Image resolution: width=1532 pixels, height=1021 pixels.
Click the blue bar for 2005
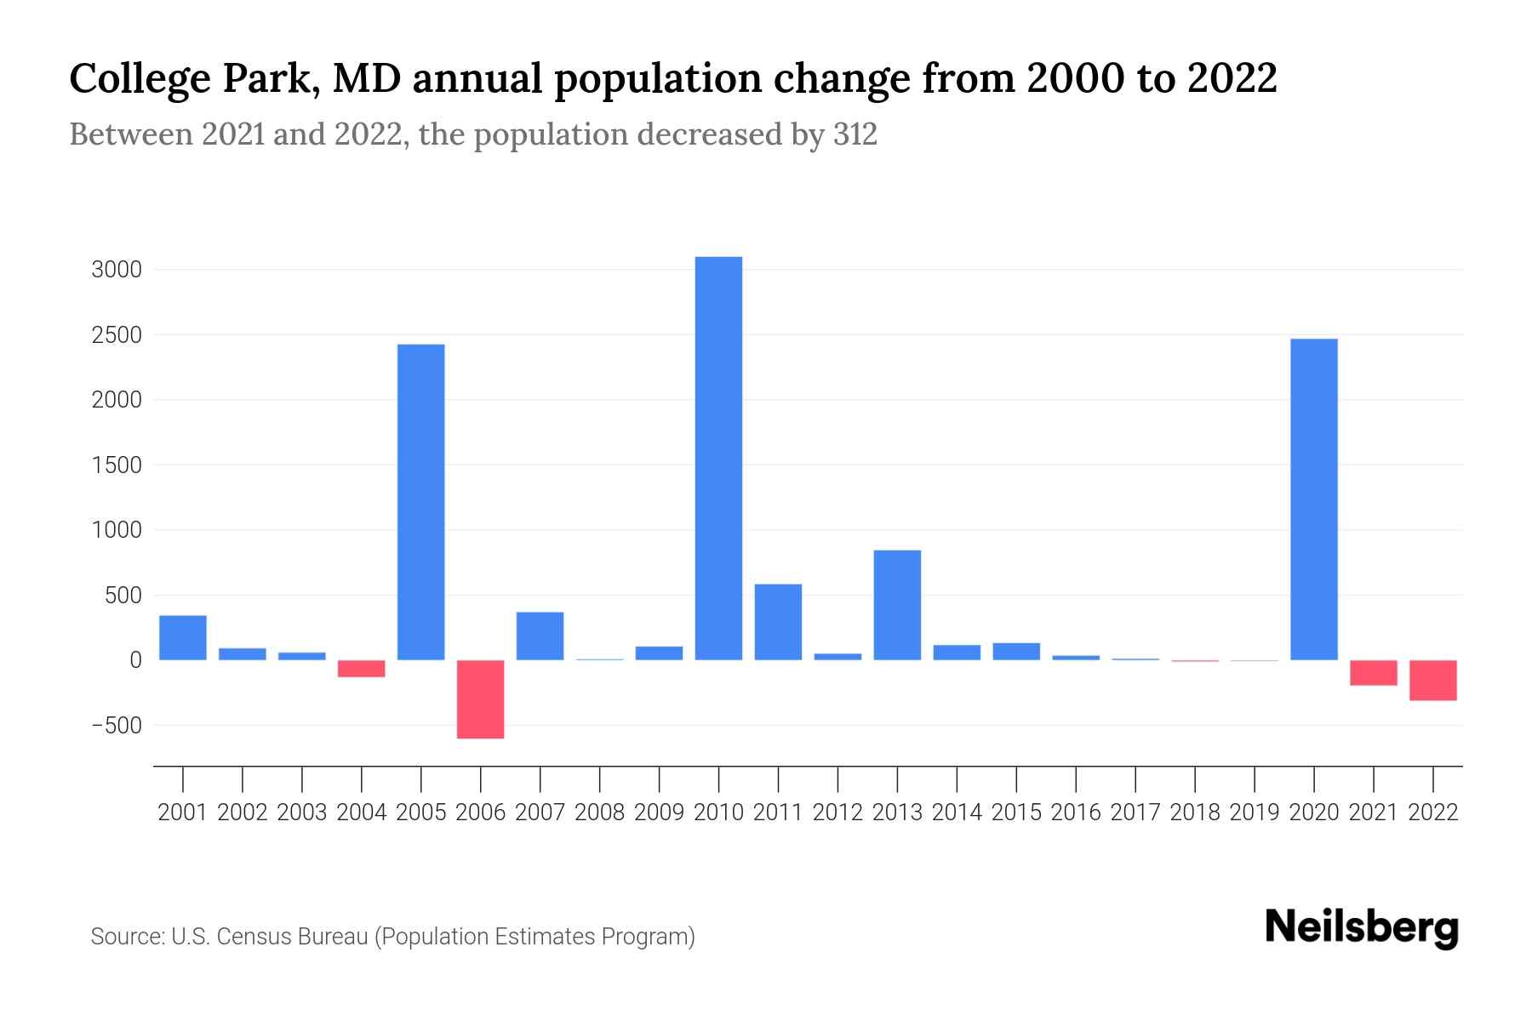pos(421,502)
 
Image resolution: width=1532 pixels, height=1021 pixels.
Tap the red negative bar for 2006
pos(481,699)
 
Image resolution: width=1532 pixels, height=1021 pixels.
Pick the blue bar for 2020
pos(1314,499)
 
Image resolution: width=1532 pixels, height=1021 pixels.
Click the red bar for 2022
pos(1433,680)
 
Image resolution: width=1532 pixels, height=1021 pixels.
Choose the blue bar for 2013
pos(897,605)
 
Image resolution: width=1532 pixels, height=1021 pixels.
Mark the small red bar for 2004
pos(362,668)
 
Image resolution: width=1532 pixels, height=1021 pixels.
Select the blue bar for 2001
pos(183,637)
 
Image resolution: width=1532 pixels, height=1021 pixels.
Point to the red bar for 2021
pos(1374,672)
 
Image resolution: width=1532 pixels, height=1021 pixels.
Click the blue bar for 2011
pos(778,622)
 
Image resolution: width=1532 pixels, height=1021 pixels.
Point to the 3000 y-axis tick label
pos(117,271)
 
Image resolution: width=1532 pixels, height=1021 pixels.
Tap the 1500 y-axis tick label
pos(117,465)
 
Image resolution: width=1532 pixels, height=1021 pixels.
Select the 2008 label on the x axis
pos(600,813)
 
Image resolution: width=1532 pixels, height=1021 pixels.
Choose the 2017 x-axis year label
pos(1135,813)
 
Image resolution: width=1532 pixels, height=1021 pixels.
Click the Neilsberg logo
pos(1362,927)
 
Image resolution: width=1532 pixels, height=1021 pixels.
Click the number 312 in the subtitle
pos(855,134)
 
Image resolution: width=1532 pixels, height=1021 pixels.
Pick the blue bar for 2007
pos(540,636)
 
